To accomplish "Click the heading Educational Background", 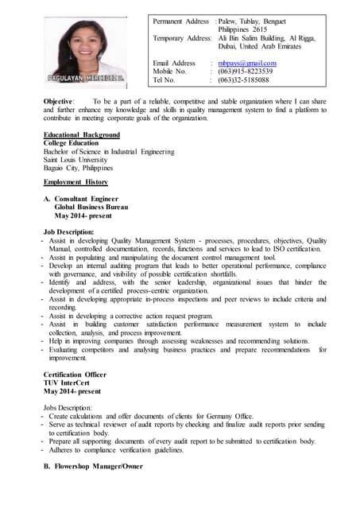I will tap(82, 135).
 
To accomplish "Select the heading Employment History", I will tap(75, 183).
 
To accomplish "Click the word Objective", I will tap(60, 102).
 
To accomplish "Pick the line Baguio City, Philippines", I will tap(78, 169).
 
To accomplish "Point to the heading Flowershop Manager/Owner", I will tap(98, 467).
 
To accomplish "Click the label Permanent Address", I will tap(180, 21).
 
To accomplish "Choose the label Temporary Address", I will tap(182, 38).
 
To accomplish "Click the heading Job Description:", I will tap(74, 231).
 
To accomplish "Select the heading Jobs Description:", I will tap(68, 407).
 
